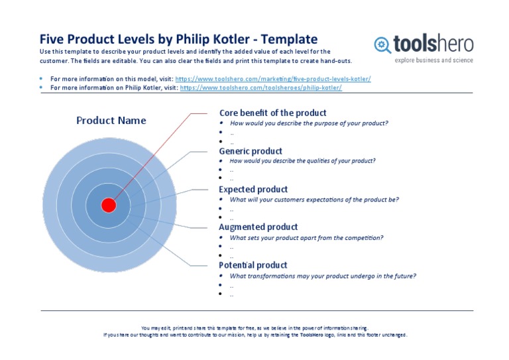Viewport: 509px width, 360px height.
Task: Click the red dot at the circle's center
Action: [x=109, y=205]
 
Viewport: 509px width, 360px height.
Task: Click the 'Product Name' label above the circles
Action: [x=111, y=120]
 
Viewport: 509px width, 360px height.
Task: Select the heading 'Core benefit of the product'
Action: [x=272, y=113]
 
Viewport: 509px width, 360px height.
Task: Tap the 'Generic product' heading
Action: [x=251, y=151]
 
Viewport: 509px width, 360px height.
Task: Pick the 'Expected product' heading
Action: [x=253, y=189]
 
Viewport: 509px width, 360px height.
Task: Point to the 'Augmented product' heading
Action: [x=258, y=227]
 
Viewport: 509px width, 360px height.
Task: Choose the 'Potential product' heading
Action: [x=253, y=265]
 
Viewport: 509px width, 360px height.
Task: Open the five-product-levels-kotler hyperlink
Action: [x=273, y=79]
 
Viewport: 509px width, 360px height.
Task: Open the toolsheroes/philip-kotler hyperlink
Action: [x=261, y=88]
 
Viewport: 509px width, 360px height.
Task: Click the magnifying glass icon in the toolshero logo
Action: [x=382, y=44]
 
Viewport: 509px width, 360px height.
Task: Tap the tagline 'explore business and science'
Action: [x=433, y=60]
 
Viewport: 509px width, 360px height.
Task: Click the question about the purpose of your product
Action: [x=309, y=123]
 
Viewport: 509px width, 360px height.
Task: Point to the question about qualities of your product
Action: [x=302, y=160]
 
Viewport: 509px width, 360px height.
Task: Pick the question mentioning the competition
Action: [x=306, y=237]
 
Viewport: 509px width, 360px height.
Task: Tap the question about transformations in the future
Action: [x=323, y=276]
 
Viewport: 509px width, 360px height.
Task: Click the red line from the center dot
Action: [x=152, y=156]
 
